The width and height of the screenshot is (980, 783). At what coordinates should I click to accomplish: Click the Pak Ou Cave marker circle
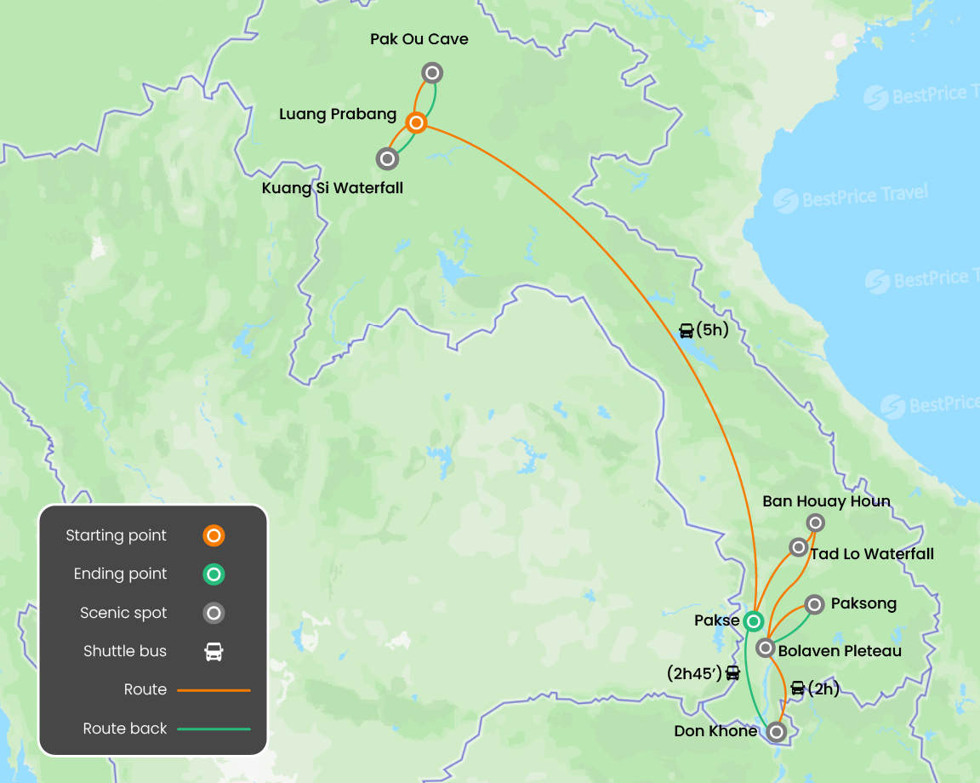point(432,72)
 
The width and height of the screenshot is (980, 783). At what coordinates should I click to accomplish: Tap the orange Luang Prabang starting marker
point(416,123)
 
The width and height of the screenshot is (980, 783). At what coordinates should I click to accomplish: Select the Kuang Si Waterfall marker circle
point(387,158)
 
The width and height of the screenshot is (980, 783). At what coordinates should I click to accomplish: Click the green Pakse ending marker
point(753,621)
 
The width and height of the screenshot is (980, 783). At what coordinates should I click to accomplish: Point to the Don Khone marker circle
point(776,731)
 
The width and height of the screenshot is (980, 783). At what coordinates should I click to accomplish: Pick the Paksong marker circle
point(814,604)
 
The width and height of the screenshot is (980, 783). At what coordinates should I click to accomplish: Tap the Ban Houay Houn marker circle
point(815,523)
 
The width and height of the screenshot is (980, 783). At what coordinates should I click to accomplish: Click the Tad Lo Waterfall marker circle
point(798,546)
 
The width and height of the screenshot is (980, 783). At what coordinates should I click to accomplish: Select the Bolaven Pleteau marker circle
point(766,649)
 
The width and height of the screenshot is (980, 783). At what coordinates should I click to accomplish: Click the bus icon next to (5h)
point(686,331)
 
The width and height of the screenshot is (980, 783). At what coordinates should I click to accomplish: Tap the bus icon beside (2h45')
point(732,673)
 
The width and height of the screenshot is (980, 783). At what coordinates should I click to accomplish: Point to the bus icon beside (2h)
point(797,689)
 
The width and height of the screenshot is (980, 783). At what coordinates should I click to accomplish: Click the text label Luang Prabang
point(338,114)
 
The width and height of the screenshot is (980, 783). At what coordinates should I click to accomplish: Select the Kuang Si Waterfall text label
point(333,187)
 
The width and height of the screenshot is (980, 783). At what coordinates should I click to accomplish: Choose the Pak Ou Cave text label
point(419,39)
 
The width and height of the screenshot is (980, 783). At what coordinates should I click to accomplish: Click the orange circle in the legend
point(214,535)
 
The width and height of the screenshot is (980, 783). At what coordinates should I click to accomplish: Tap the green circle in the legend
point(214,574)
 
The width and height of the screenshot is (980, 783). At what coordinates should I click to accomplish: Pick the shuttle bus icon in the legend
point(214,652)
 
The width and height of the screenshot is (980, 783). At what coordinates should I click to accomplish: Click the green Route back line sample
point(214,729)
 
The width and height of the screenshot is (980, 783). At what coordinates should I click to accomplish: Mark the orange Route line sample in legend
point(214,690)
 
